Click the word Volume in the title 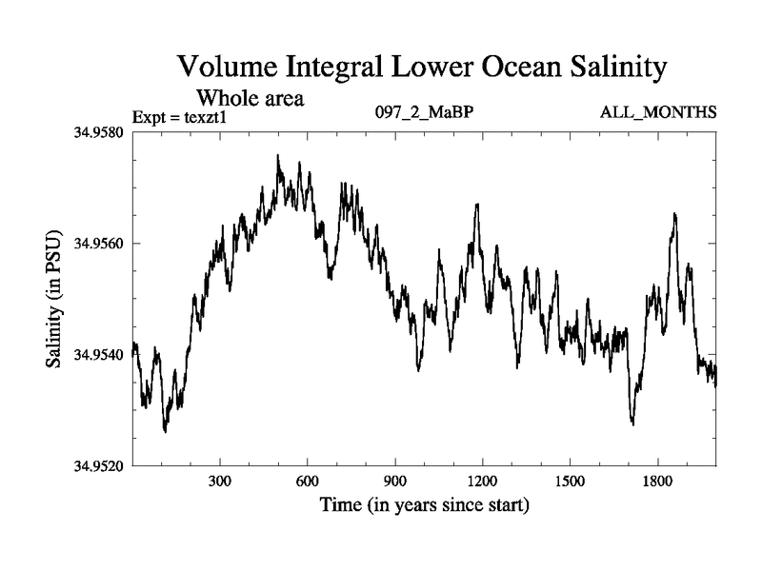tap(227, 69)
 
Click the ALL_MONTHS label tap(657, 112)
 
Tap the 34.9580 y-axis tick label tap(96, 132)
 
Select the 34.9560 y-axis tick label tap(96, 244)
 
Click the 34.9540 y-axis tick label tap(96, 355)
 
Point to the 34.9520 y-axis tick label tap(96, 466)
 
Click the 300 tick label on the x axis tap(220, 481)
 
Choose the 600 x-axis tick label tap(308, 481)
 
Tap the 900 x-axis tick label tap(395, 481)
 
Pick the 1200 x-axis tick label tap(483, 481)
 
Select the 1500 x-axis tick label tap(570, 481)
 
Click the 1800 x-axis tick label tap(657, 481)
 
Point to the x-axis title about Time tap(424, 503)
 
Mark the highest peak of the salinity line tap(278, 155)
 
